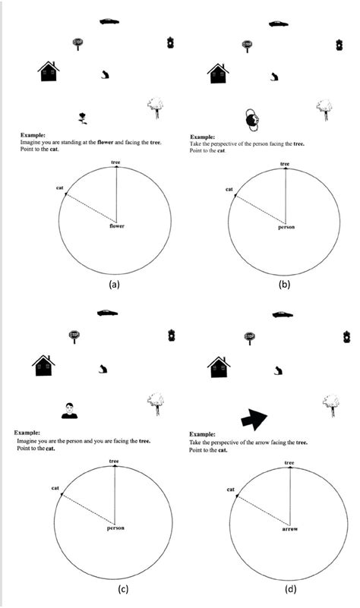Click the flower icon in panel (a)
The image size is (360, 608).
click(83, 118)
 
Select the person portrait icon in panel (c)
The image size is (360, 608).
click(69, 411)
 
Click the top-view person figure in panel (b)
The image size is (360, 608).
click(253, 119)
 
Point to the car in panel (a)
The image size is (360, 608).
click(109, 21)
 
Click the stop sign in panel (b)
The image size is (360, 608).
click(247, 46)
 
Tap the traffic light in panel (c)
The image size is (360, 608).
click(172, 335)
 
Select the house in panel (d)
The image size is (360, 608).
click(219, 367)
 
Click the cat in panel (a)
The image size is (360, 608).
click(104, 75)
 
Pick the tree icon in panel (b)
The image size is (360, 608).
click(324, 110)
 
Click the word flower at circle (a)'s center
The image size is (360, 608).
click(117, 225)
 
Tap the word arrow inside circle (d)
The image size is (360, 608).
click(290, 529)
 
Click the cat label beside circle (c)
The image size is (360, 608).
click(55, 488)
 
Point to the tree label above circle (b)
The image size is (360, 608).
click(285, 164)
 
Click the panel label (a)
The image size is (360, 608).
click(114, 284)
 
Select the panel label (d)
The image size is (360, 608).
click(290, 590)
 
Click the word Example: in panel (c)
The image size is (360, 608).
click(27, 433)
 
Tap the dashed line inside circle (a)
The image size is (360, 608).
click(90, 207)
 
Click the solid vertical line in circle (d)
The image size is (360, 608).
click(290, 496)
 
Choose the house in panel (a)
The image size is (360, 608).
click(49, 71)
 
